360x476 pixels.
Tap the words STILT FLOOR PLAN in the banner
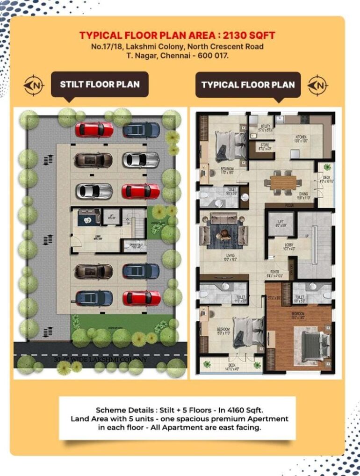pos(100,85)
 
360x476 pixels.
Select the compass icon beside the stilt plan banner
pos(34,85)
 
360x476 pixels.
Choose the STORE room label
pos(265,145)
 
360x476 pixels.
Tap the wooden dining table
pos(283,182)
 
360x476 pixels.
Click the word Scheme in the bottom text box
pos(110,409)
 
